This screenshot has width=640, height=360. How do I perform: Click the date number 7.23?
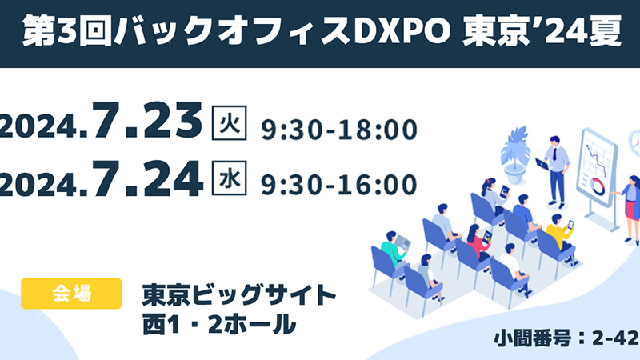click(x=147, y=122)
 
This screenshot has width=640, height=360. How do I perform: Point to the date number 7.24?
click(x=147, y=178)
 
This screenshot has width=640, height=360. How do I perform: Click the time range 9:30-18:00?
click(x=339, y=128)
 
